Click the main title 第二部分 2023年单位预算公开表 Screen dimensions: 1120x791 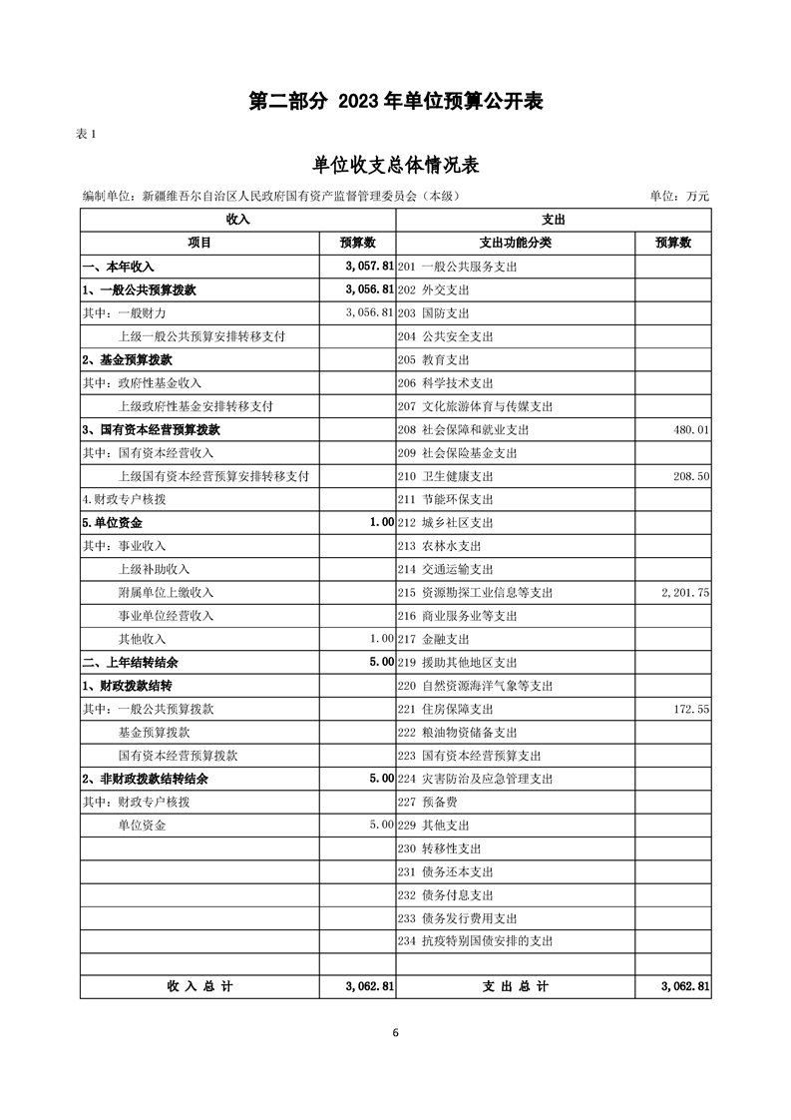point(395,102)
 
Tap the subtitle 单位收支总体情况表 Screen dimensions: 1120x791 point(395,165)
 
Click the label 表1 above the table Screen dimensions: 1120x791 point(86,136)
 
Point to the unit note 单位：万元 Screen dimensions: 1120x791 point(679,197)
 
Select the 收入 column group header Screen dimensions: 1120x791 point(237,219)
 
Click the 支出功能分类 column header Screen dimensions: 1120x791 point(516,243)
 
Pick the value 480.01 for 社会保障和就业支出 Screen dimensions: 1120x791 point(688,430)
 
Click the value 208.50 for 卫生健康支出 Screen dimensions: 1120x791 point(689,477)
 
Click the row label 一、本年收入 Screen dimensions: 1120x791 point(118,267)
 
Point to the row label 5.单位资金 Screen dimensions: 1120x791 point(112,523)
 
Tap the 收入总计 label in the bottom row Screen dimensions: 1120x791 point(199,986)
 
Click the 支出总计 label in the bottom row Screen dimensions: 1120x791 point(516,986)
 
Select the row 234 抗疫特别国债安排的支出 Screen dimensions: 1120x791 point(475,941)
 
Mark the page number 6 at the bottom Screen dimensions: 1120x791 point(395,1033)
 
